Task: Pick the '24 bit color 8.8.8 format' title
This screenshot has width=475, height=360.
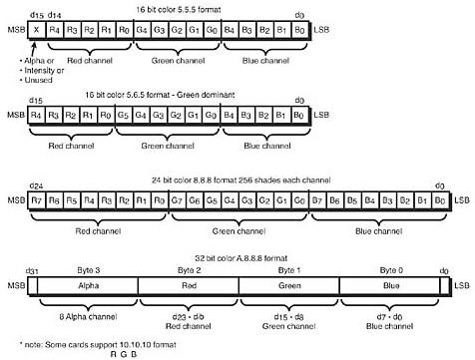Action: click(237, 180)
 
